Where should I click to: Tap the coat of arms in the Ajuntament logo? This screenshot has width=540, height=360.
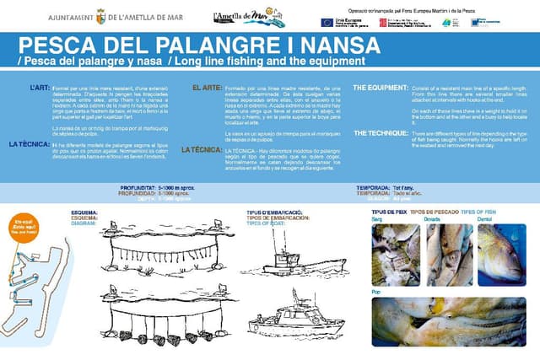[x=100, y=16]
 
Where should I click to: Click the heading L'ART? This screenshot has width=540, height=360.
[x=40, y=87]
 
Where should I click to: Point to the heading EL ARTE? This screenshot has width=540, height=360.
[x=208, y=88]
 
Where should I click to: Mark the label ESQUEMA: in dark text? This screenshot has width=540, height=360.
[x=85, y=212]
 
